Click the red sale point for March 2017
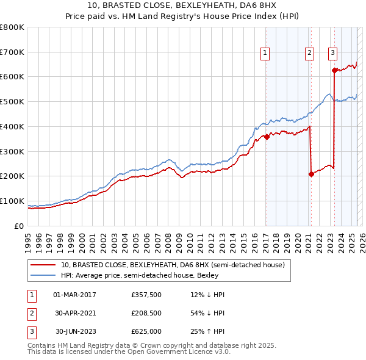(x=267, y=137)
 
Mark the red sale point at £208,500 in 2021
(x=311, y=174)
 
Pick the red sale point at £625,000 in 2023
(x=334, y=70)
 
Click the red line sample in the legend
(x=43, y=265)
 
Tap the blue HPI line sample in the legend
(x=43, y=275)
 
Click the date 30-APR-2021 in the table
(x=74, y=313)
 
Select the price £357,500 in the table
(x=146, y=295)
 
